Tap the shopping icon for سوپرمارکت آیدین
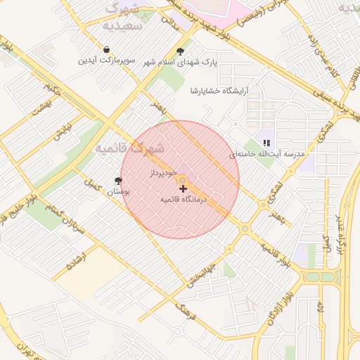(106, 50)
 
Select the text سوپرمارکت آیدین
(106, 61)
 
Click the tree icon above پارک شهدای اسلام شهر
(181, 51)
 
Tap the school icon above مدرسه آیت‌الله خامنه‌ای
(266, 143)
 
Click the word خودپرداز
(162, 172)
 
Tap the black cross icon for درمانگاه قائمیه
(184, 188)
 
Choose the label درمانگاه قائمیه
(182, 200)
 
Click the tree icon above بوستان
(118, 180)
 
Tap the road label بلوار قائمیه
(275, 256)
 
